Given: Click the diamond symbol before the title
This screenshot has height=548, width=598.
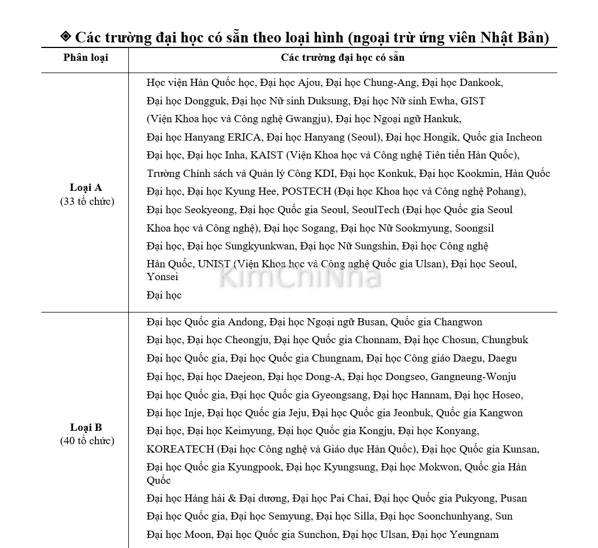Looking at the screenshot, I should (x=65, y=37).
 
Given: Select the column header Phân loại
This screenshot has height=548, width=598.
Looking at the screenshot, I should (x=85, y=57).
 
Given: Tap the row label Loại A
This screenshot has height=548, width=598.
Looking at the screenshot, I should (x=86, y=188).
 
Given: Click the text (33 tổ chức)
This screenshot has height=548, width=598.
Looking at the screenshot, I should (x=86, y=201).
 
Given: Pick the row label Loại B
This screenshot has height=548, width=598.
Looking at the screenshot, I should (x=86, y=427).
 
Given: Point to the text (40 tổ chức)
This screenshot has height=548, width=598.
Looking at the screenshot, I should (x=86, y=441).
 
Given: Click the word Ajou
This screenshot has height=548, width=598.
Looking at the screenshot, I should (x=310, y=83).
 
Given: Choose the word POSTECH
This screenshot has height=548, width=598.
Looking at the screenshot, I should (x=306, y=191).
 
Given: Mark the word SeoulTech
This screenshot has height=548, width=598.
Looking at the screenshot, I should (x=375, y=210).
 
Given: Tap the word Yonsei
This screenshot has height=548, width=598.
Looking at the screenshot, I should (x=162, y=277).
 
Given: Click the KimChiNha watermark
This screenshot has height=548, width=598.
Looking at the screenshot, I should (x=300, y=277).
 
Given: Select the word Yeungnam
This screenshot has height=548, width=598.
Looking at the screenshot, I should (x=474, y=535).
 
